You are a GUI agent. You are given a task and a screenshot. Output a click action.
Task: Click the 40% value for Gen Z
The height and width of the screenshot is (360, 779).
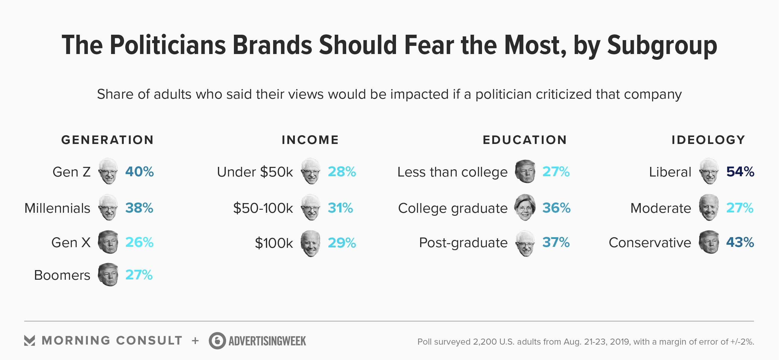coord(139,172)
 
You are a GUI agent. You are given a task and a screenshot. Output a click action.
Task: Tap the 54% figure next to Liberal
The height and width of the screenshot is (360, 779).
coord(740,172)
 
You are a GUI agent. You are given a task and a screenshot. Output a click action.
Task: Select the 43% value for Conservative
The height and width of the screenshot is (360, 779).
coord(740,242)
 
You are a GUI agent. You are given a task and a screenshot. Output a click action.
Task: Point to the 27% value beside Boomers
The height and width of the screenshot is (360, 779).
coord(139,275)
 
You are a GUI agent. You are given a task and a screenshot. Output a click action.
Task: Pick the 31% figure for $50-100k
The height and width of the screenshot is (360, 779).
coord(340,208)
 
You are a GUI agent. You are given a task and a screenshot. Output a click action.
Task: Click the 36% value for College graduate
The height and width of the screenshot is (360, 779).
coord(556,208)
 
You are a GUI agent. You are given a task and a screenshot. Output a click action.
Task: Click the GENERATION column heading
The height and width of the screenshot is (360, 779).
coord(107,140)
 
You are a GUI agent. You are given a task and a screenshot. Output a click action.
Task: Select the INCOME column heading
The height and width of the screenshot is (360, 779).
coord(310,140)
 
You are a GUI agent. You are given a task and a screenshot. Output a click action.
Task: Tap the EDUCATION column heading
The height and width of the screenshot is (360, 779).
coord(525,140)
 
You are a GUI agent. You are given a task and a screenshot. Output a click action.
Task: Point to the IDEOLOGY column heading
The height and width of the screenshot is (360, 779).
coord(708,140)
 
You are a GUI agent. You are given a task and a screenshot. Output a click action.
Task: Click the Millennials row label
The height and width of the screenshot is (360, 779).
coord(57,208)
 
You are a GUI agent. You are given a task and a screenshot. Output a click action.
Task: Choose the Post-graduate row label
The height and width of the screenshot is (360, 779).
coord(463,243)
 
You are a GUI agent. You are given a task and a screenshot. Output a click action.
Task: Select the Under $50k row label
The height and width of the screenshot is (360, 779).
coord(255,172)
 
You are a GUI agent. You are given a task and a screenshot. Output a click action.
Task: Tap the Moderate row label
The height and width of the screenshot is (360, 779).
coord(661,208)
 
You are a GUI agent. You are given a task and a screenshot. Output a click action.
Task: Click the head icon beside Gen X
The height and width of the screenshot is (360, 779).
coord(108,242)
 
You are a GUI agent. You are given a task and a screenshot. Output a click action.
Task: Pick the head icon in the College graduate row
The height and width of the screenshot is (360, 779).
coord(525,207)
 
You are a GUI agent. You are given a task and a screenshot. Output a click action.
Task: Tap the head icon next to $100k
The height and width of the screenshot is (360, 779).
coord(310,243)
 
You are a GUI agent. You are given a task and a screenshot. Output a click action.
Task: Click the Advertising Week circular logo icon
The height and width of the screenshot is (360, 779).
coord(217,341)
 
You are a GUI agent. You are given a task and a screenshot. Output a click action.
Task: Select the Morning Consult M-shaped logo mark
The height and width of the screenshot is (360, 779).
coord(30,341)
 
